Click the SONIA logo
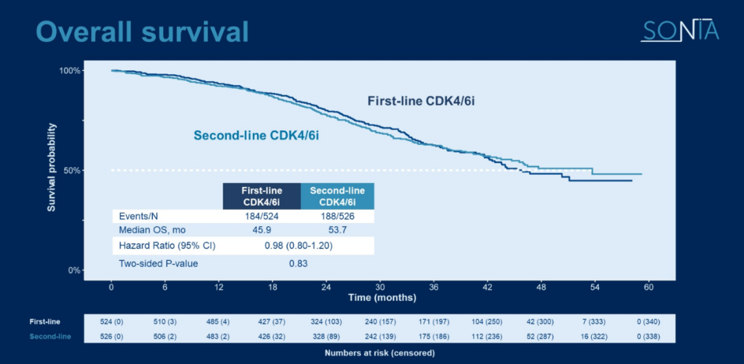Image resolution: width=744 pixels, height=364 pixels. (x=679, y=30)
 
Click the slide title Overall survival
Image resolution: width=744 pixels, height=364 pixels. (x=142, y=32)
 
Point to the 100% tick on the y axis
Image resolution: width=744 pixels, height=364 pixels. (x=71, y=71)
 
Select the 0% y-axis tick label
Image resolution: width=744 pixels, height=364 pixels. (x=75, y=270)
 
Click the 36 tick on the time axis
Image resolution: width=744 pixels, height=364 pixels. (x=433, y=286)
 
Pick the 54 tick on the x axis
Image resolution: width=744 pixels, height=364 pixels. (x=595, y=286)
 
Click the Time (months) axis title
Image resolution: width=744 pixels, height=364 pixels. (x=382, y=298)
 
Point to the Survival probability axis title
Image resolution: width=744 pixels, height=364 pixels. (x=52, y=167)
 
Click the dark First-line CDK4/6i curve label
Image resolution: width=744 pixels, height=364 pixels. (x=421, y=101)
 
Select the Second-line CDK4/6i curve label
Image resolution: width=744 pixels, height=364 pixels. (x=256, y=136)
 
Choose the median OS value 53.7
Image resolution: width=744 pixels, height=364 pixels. (x=337, y=230)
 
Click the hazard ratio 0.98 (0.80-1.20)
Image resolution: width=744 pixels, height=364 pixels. (x=299, y=246)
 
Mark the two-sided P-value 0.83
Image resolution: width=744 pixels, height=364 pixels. (x=298, y=263)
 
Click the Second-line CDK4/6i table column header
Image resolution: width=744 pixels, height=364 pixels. (x=337, y=196)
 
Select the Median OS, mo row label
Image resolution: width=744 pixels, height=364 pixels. (x=152, y=230)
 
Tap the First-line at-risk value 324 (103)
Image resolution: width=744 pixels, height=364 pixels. (x=326, y=321)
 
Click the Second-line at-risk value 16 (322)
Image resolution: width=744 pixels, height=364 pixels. (x=595, y=336)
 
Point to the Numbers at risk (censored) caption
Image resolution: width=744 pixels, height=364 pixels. (x=380, y=353)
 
